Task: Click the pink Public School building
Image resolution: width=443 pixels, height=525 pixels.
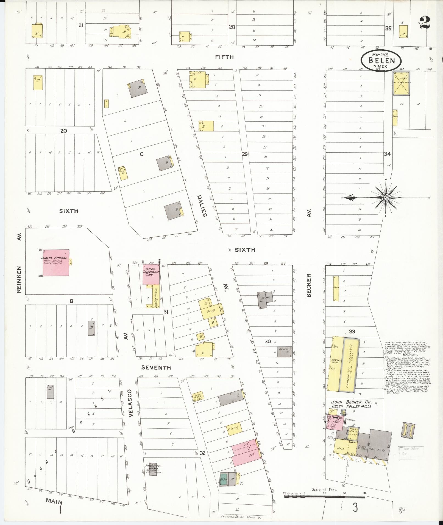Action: [56, 263]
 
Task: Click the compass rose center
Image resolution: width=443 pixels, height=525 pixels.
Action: [386, 198]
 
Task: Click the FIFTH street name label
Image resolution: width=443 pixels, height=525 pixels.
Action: [224, 57]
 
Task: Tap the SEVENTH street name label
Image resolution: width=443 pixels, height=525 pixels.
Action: [156, 367]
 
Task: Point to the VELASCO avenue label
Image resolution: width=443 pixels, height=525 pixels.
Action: [130, 407]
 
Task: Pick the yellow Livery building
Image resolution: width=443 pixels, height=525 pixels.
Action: [401, 83]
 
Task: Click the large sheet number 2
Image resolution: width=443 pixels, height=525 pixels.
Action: [424, 23]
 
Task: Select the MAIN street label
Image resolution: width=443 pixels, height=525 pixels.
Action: [54, 501]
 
